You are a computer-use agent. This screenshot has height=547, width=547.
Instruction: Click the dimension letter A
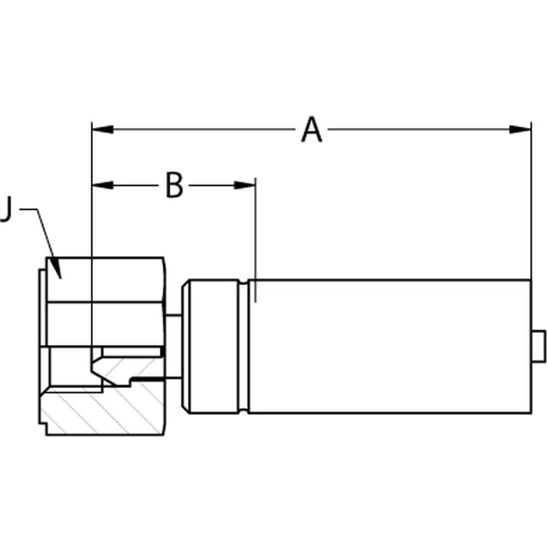point(312,130)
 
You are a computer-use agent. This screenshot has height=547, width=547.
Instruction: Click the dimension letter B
point(174,185)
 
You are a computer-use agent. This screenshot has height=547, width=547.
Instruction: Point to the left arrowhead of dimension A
point(102,130)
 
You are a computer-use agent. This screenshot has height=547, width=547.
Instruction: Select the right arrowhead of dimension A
point(521,130)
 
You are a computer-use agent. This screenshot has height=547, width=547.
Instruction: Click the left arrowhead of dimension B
point(102,185)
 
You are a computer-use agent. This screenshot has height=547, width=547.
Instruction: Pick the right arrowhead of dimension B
point(245,185)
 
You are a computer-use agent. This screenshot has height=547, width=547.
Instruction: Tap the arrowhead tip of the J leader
point(61,279)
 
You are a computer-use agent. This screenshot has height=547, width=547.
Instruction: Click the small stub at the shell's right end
point(539,346)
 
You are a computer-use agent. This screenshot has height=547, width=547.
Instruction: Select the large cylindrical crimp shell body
point(390,346)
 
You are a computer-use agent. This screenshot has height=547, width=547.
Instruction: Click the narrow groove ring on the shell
point(243,346)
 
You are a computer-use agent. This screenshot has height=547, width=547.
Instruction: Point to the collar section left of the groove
point(214,346)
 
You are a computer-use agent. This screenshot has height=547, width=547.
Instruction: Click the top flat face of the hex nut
point(105,280)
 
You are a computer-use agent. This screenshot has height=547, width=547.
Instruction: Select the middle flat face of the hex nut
point(105,324)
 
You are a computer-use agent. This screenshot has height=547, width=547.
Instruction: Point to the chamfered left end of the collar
point(185,346)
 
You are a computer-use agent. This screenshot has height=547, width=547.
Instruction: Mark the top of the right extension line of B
point(255,178)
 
